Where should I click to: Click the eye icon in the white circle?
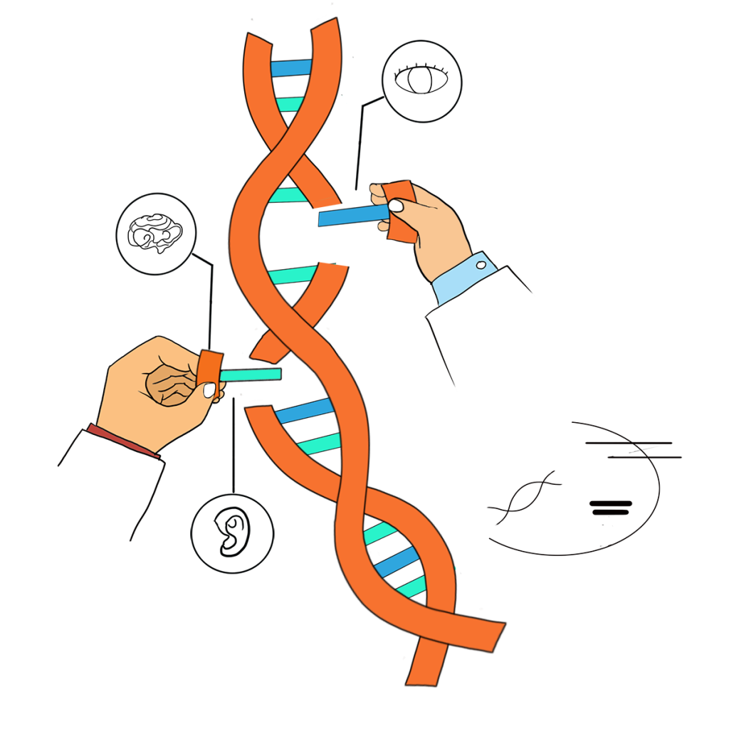click(421, 80)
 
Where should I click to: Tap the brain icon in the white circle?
click(155, 233)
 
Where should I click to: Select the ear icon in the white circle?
click(232, 533)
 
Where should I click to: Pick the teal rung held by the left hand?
click(250, 374)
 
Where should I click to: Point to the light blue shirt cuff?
click(463, 278)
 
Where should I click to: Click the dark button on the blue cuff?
click(481, 266)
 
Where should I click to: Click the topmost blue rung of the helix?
click(291, 68)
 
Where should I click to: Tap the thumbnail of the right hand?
click(396, 206)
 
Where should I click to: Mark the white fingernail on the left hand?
click(209, 390)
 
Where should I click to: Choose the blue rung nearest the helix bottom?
click(396, 562)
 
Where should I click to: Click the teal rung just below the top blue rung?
click(290, 104)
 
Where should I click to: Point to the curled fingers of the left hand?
click(169, 386)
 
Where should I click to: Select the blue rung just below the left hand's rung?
click(304, 411)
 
